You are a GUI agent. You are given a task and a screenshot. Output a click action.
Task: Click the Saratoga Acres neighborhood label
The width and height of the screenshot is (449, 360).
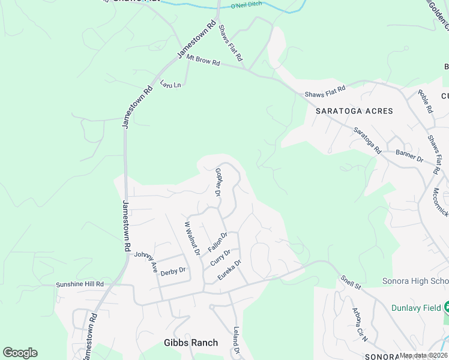354,111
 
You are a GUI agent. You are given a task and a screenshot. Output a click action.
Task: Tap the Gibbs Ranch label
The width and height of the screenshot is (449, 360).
191,343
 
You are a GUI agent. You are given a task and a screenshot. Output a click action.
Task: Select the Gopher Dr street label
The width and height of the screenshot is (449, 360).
218,182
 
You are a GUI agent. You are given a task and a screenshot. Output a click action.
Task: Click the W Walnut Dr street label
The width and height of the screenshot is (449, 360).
191,239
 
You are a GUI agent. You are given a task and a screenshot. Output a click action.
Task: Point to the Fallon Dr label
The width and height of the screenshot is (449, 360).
217,242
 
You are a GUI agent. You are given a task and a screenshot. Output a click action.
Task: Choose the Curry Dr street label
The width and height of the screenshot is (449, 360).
220,259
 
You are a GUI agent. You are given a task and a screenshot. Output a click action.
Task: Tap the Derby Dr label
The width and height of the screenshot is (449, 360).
173,271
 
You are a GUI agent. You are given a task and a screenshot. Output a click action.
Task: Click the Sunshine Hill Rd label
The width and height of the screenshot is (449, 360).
80,284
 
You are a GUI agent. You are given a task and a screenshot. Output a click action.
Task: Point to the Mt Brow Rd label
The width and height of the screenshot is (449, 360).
203,61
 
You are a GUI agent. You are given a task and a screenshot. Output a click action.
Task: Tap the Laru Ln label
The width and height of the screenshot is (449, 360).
170,85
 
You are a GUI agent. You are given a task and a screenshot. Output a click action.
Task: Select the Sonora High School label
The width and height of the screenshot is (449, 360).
415,281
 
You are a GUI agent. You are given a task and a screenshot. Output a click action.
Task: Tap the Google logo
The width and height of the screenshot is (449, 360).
20,353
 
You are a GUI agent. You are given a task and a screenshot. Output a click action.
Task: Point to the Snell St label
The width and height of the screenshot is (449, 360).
351,283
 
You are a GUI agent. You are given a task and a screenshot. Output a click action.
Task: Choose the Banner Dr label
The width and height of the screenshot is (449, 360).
409,157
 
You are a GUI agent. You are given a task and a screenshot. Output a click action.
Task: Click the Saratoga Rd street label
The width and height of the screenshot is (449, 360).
367,141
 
